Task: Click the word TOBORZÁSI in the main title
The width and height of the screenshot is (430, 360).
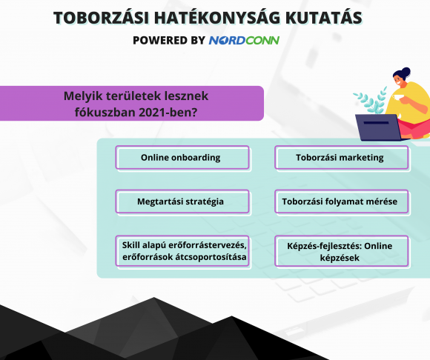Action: [x=101, y=18]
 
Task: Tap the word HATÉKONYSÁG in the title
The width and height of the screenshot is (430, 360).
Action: [x=217, y=18]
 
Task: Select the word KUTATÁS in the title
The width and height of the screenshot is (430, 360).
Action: [x=323, y=18]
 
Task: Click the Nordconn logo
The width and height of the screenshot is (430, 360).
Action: [x=244, y=40]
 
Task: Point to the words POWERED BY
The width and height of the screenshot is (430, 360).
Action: [x=169, y=40]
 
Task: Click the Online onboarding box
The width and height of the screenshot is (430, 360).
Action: [x=182, y=158]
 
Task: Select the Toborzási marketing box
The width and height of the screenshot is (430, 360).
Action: [x=342, y=158]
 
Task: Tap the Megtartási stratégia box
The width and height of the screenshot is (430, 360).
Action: [x=182, y=201]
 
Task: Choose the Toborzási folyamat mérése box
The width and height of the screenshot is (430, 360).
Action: [x=342, y=201]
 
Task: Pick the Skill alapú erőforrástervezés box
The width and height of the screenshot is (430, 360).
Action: [x=182, y=251]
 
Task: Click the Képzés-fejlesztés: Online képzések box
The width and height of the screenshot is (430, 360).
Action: [x=342, y=251]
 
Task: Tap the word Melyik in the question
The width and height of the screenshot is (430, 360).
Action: [x=83, y=96]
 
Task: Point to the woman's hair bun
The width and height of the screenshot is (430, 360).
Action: [x=406, y=72]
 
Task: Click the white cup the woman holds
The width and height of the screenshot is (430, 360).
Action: [x=397, y=98]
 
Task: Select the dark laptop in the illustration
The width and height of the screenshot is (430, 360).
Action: [x=378, y=127]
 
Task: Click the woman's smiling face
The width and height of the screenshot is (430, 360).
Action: [x=400, y=80]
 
